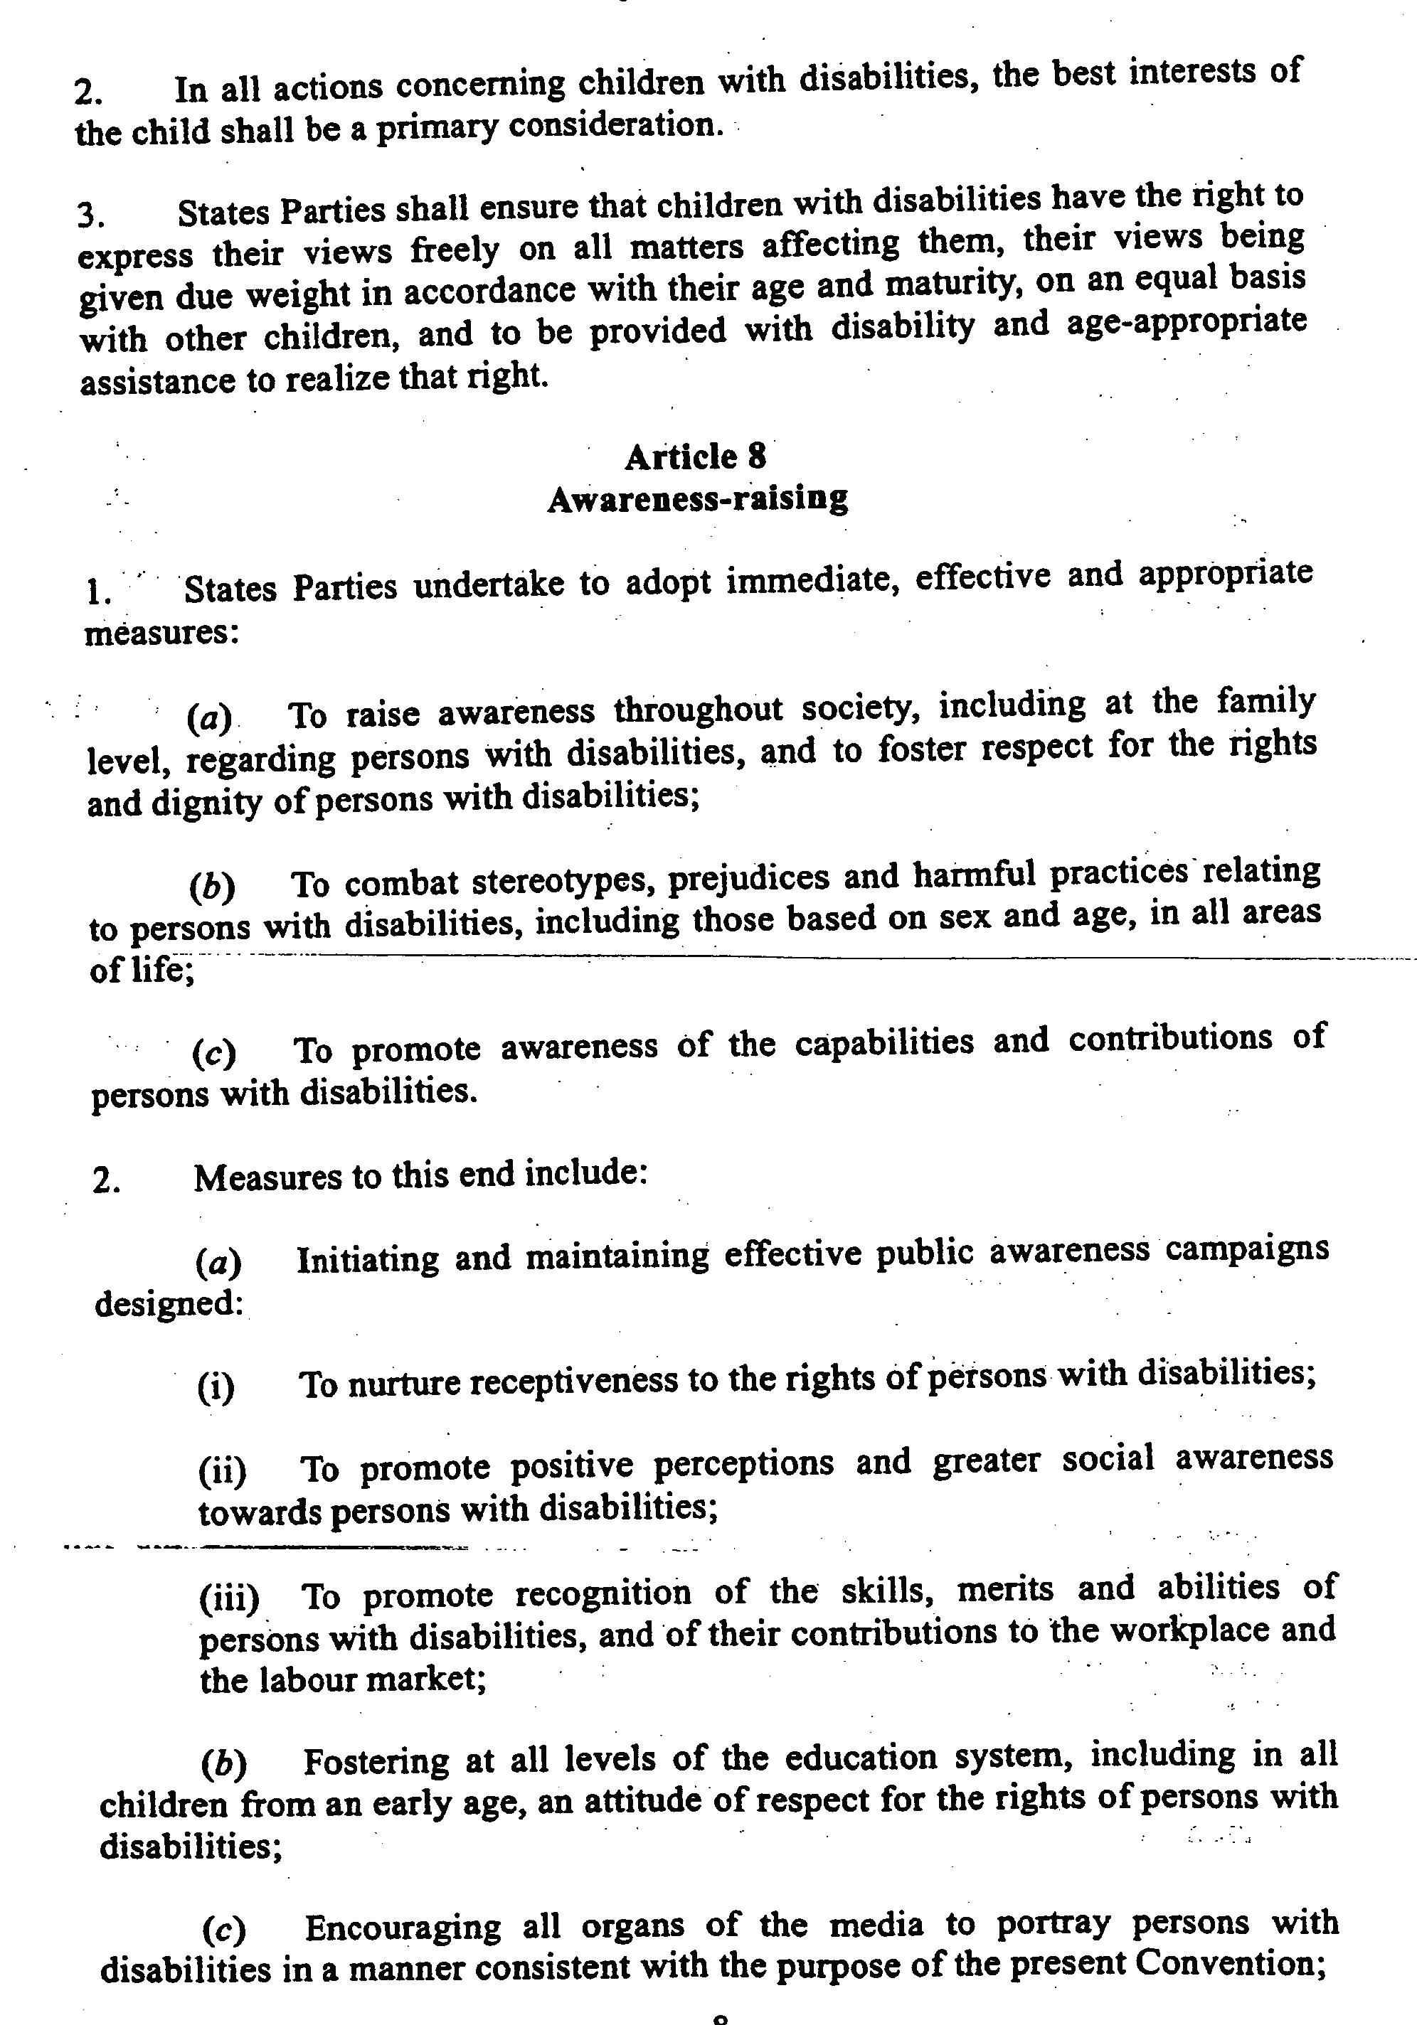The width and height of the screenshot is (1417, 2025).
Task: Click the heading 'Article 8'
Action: coord(695,457)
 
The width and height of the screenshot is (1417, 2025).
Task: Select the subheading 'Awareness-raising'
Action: coord(697,499)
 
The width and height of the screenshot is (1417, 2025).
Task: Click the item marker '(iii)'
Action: coord(228,1597)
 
